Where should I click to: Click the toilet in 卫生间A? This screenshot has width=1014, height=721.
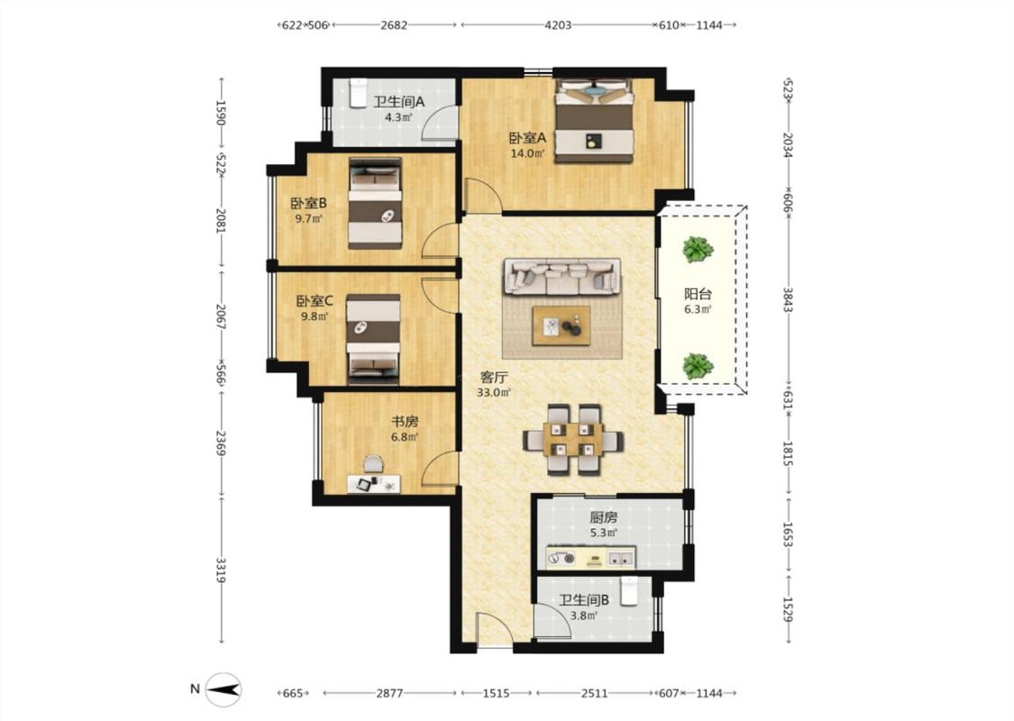pos(358,94)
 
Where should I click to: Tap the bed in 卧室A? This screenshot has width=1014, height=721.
pos(594,121)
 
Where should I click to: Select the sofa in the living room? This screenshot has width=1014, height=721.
pos(562,277)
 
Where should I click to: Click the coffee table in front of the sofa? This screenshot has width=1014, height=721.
pos(561,326)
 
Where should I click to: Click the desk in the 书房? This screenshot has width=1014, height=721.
pos(374,484)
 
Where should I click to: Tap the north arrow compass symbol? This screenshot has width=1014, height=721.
pos(224,689)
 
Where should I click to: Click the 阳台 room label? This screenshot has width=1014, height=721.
pos(699,294)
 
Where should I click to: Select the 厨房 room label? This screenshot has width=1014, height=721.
pos(603,517)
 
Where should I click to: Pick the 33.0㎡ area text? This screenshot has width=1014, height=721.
pos(494,393)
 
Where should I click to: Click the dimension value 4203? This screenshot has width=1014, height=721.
pos(558,25)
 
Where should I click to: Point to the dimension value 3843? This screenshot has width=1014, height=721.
pos(789,299)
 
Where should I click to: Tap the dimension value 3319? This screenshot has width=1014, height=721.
pos(221,570)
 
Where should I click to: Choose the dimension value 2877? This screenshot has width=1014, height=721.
pos(389,693)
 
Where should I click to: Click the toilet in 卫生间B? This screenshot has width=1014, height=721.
pos(628,592)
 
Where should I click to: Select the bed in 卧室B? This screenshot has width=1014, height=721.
pos(375,203)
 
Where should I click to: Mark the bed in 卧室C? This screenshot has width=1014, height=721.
pos(373,335)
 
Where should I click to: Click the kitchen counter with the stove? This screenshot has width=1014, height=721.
pos(590,558)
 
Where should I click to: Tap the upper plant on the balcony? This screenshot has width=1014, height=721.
pos(697,250)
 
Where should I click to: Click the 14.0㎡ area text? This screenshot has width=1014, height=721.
pos(527,153)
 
